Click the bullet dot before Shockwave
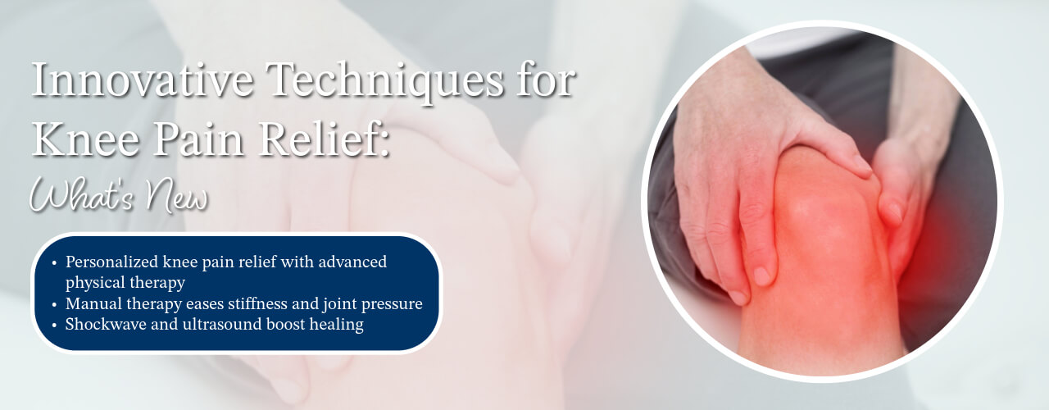pos(54,326)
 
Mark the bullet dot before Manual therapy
pos(54,305)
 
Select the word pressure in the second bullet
pos(393,304)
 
